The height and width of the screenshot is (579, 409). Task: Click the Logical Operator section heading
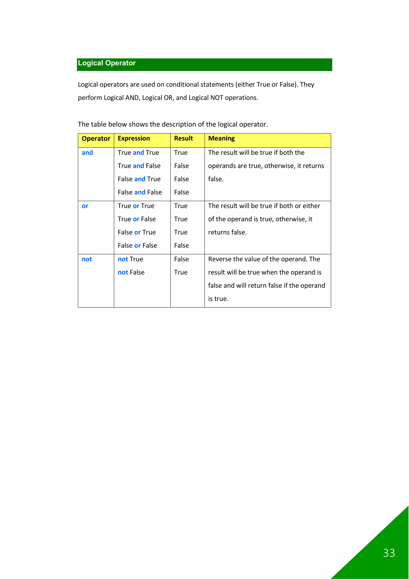pos(107,63)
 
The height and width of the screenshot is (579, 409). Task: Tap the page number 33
pos(389,553)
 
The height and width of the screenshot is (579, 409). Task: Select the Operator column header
pos(96,139)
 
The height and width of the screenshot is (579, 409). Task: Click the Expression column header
pos(134,138)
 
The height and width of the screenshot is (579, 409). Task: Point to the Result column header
pos(183,138)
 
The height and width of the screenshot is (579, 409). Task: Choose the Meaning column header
pos(221,138)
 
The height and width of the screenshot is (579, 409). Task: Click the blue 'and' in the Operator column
pos(87,153)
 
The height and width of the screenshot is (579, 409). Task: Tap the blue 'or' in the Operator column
pos(85,206)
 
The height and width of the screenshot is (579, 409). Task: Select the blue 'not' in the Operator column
pos(87,259)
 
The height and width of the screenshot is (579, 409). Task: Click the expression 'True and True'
pos(138,153)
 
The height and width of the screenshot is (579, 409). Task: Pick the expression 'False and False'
pos(140,192)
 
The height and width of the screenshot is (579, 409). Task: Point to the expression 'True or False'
pos(137,219)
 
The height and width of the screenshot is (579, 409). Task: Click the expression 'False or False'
pos(137,245)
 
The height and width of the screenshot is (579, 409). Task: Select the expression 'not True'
pos(130,259)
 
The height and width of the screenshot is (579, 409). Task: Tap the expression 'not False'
pos(131,272)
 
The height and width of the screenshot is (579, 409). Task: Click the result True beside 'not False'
pos(181,272)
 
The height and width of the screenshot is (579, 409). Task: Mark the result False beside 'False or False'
pos(181,245)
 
